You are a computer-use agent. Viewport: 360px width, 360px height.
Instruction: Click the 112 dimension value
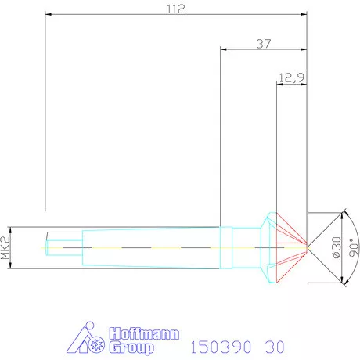point(175,9)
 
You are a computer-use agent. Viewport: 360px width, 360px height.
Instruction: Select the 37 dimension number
point(265,43)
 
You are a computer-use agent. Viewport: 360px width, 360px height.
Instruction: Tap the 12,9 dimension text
point(292,78)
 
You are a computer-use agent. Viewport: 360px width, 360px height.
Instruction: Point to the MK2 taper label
point(6,247)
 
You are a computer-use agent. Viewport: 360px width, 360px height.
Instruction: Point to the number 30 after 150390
point(274,345)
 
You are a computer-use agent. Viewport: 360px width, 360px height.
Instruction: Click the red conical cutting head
point(287,247)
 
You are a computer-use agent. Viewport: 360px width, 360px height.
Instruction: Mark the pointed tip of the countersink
point(307,247)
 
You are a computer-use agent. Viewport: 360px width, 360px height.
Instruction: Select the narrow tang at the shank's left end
point(62,247)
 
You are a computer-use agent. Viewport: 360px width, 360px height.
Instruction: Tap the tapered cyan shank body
point(149,247)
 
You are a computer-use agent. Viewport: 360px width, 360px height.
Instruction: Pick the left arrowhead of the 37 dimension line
point(224,49)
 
